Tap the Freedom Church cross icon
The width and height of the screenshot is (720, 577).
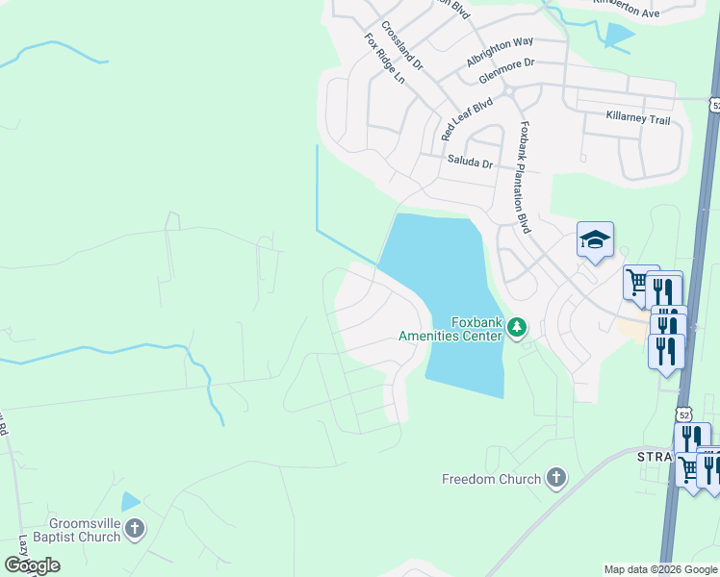(x=555, y=478)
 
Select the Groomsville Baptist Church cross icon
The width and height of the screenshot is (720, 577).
(x=135, y=528)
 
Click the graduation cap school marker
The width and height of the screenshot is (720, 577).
(x=595, y=239)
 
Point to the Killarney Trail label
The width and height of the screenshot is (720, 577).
(x=637, y=118)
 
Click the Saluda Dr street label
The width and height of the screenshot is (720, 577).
(x=470, y=163)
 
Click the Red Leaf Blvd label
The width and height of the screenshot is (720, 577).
(x=466, y=118)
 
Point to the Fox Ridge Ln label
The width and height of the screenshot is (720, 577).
(x=384, y=58)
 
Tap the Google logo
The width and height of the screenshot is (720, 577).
(x=31, y=565)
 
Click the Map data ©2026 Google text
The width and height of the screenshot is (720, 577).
(x=660, y=569)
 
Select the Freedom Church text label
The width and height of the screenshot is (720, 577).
(x=491, y=479)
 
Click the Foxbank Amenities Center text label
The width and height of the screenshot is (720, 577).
(x=450, y=329)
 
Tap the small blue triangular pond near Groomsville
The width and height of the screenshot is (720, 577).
(x=129, y=501)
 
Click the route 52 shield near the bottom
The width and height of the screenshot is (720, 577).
(x=683, y=414)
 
